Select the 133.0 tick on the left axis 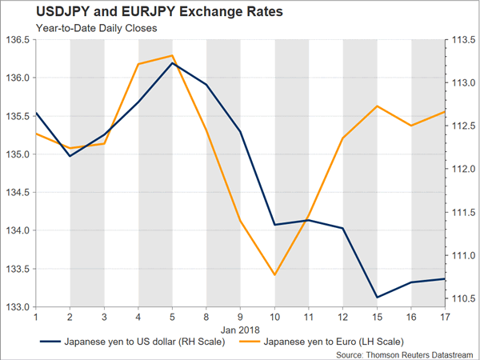[18, 306]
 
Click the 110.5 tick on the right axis [462, 298]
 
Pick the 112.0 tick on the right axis [462, 170]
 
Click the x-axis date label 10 [274, 317]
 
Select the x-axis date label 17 [445, 317]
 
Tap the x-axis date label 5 [173, 317]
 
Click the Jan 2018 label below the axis [241, 328]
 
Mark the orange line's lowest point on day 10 [274, 275]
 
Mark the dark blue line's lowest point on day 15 [377, 298]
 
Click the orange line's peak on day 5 [173, 56]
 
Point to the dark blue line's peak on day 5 [173, 62]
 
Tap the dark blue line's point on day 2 [70, 156]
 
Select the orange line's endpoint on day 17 [445, 112]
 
